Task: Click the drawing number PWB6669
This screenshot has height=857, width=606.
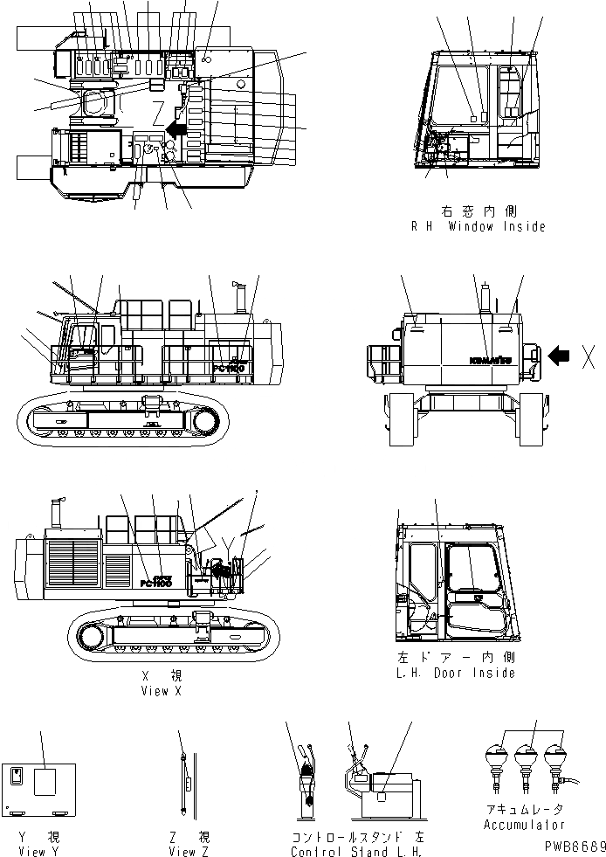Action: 571,847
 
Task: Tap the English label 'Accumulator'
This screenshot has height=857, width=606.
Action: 524,825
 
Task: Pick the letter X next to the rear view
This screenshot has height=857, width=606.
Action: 589,356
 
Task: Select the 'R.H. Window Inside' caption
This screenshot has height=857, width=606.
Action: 479,226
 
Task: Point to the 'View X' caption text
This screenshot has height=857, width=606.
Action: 160,690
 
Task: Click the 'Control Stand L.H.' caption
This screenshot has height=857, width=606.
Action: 356,852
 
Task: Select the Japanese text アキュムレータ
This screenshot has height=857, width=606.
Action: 524,811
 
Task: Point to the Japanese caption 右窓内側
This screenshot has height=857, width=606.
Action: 479,211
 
